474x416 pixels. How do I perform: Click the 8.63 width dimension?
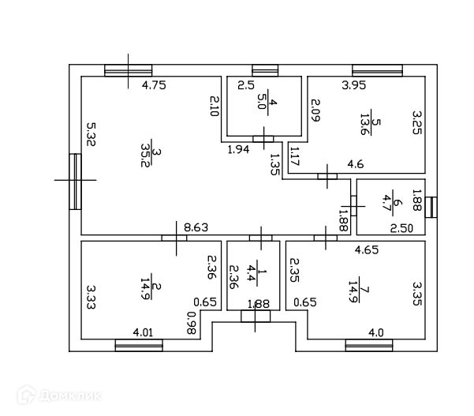point(196,228)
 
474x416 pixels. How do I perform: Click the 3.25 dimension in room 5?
point(418,124)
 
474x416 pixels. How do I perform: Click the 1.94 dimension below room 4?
point(239,149)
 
